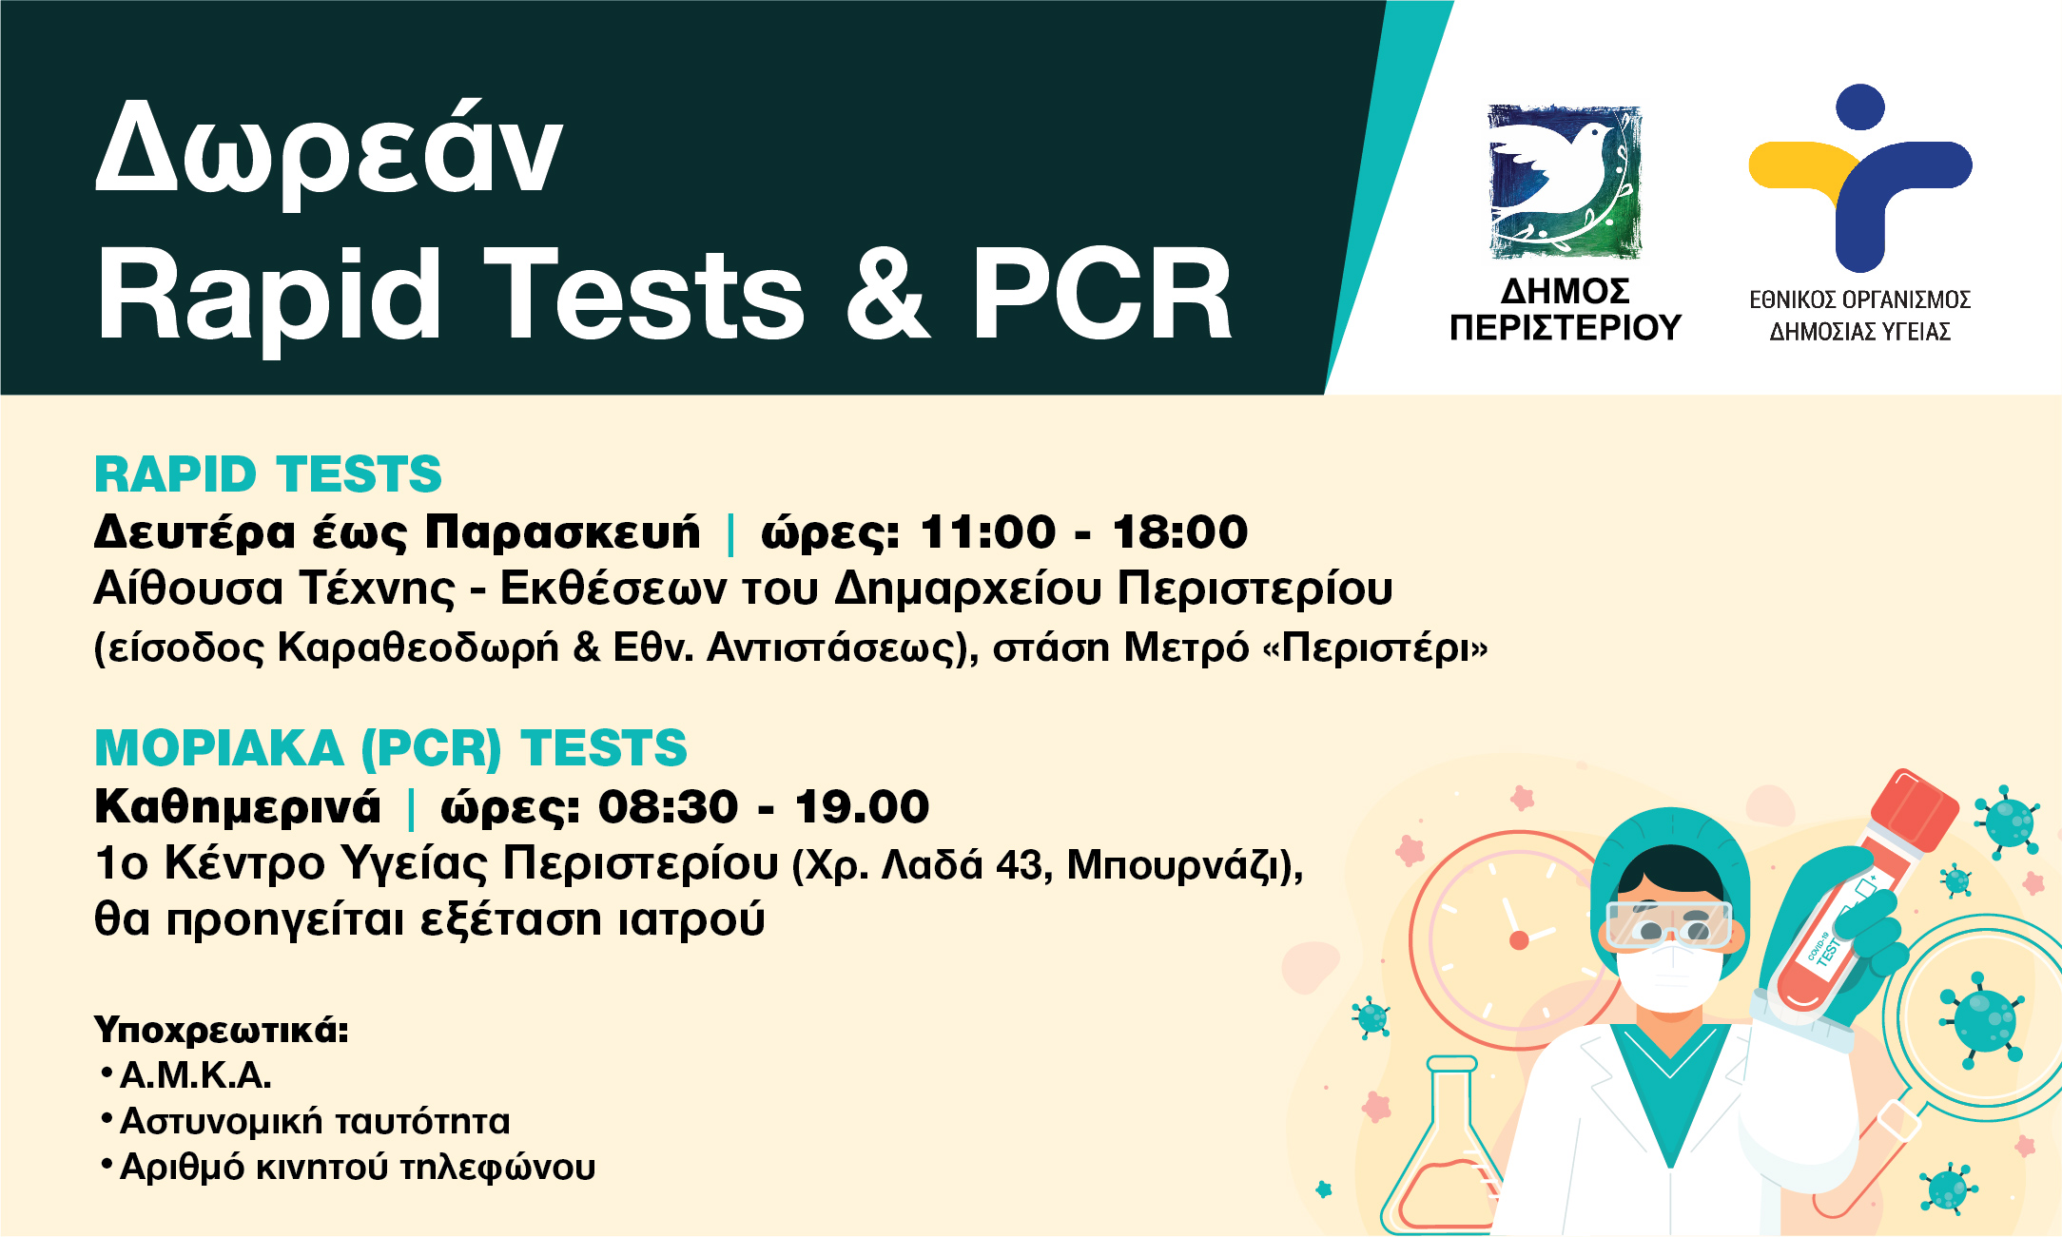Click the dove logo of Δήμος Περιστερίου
pos(1565,181)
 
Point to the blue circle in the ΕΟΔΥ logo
pos(1860,106)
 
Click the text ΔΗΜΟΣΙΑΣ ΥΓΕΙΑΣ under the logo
pos(1859,332)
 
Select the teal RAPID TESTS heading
pos(268,474)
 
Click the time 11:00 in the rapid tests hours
pos(988,532)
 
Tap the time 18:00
pos(1180,532)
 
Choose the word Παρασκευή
pos(562,532)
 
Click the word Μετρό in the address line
pos(1185,648)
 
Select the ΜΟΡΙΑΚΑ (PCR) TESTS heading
pos(390,748)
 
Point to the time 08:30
pos(668,807)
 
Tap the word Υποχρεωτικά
pos(222,1030)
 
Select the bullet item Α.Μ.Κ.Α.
pos(196,1075)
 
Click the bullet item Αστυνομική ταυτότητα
pos(315,1122)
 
